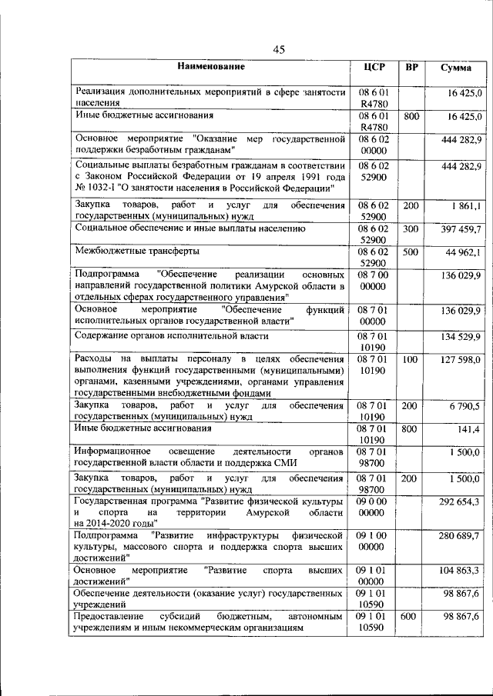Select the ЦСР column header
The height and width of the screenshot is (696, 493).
[374, 67]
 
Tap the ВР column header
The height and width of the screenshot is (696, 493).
[412, 67]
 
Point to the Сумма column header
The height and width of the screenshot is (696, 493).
[456, 68]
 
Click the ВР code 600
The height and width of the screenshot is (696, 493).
[411, 616]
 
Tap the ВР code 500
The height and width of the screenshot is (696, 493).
[411, 251]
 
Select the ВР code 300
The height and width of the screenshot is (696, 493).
[411, 229]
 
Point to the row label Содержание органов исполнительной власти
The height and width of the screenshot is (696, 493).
[171, 336]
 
